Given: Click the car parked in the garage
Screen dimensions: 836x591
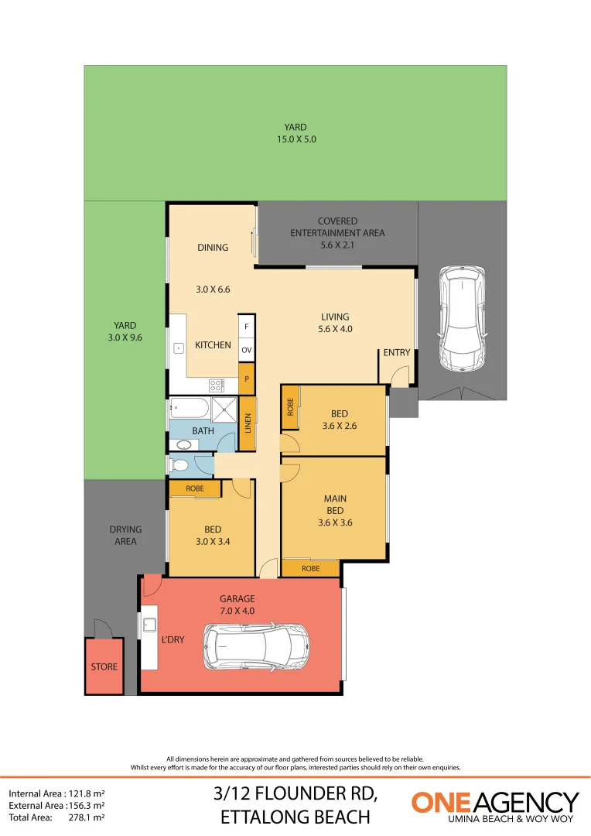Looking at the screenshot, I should pyautogui.click(x=256, y=647).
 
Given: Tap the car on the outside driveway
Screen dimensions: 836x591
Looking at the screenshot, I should pyautogui.click(x=461, y=318).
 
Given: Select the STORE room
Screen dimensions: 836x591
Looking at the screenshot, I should pyautogui.click(x=104, y=666).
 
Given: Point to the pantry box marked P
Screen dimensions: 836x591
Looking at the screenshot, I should pyautogui.click(x=247, y=379).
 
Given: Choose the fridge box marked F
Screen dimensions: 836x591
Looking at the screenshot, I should pyautogui.click(x=247, y=326).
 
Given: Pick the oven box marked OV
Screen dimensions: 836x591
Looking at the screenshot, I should pyautogui.click(x=247, y=351).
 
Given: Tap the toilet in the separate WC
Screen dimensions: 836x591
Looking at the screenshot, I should pyautogui.click(x=179, y=465).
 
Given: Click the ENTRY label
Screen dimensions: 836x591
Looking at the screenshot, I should pyautogui.click(x=397, y=353).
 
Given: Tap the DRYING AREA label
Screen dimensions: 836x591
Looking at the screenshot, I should pyautogui.click(x=125, y=536).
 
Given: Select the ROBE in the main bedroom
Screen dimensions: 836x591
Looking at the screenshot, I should pyautogui.click(x=311, y=568).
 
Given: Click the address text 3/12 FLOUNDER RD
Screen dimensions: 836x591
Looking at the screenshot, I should pyautogui.click(x=295, y=794).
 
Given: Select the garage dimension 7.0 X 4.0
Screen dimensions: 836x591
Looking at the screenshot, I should pyautogui.click(x=237, y=611).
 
